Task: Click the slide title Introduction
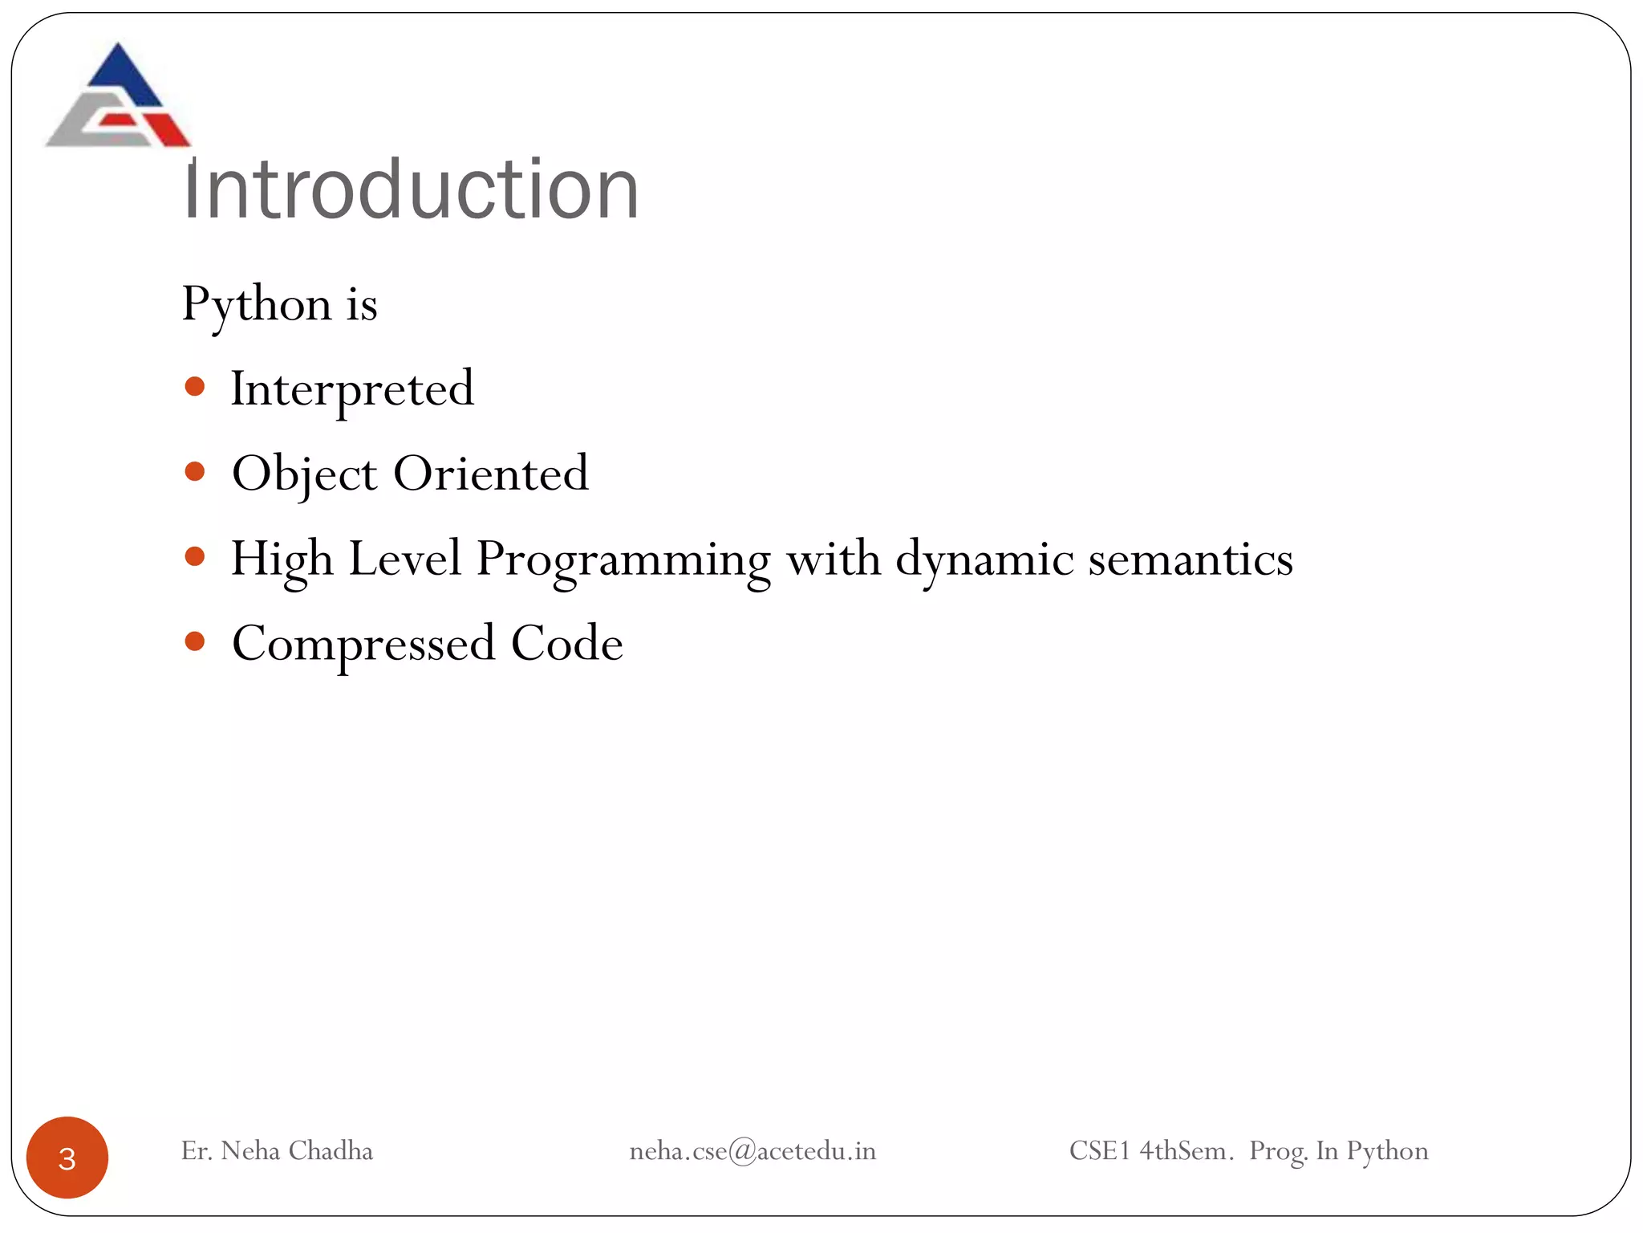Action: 411,189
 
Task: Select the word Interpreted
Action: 352,389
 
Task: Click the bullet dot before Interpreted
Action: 195,387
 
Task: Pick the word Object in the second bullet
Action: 304,474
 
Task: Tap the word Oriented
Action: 491,474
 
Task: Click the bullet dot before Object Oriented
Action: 195,472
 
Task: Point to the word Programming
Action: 623,560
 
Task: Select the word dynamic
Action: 984,560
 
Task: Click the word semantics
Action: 1191,560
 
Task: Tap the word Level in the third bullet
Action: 405,559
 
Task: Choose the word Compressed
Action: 363,645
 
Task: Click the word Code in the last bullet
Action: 567,644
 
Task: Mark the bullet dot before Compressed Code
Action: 195,641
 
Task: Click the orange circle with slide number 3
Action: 67,1158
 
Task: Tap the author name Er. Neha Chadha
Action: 277,1151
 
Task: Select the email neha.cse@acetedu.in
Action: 753,1151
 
